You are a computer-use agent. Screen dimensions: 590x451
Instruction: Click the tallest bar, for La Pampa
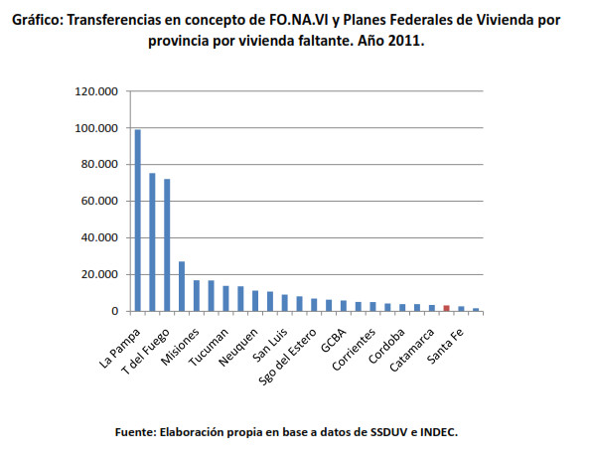click(138, 221)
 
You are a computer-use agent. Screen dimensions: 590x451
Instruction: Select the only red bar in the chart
click(447, 308)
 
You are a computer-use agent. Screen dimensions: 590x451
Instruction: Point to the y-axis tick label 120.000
click(96, 91)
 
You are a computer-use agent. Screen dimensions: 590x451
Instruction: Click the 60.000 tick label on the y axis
click(99, 201)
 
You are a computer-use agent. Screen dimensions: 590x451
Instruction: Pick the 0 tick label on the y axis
click(114, 311)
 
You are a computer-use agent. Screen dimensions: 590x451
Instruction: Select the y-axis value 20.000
click(99, 274)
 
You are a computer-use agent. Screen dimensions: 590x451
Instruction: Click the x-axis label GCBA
click(334, 340)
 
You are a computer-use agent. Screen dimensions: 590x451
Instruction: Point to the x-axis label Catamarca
click(411, 350)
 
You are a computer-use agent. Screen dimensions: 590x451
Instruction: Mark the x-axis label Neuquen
click(238, 348)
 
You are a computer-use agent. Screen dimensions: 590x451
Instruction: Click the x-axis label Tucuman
click(209, 348)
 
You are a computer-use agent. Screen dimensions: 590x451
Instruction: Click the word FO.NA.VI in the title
click(299, 20)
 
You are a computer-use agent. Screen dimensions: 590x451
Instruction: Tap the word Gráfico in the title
click(37, 20)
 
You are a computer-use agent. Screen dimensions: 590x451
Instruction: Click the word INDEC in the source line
click(437, 432)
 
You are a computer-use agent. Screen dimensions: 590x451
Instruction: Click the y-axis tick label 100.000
click(96, 128)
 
